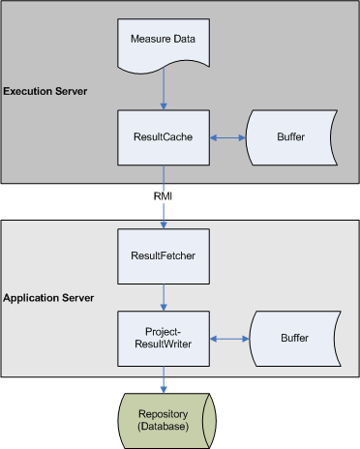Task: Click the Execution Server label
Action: [x=45, y=91]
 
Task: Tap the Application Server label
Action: [x=48, y=297]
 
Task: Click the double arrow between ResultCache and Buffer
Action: [x=228, y=137]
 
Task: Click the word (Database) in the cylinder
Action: [x=163, y=424]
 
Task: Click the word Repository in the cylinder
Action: [x=163, y=411]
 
